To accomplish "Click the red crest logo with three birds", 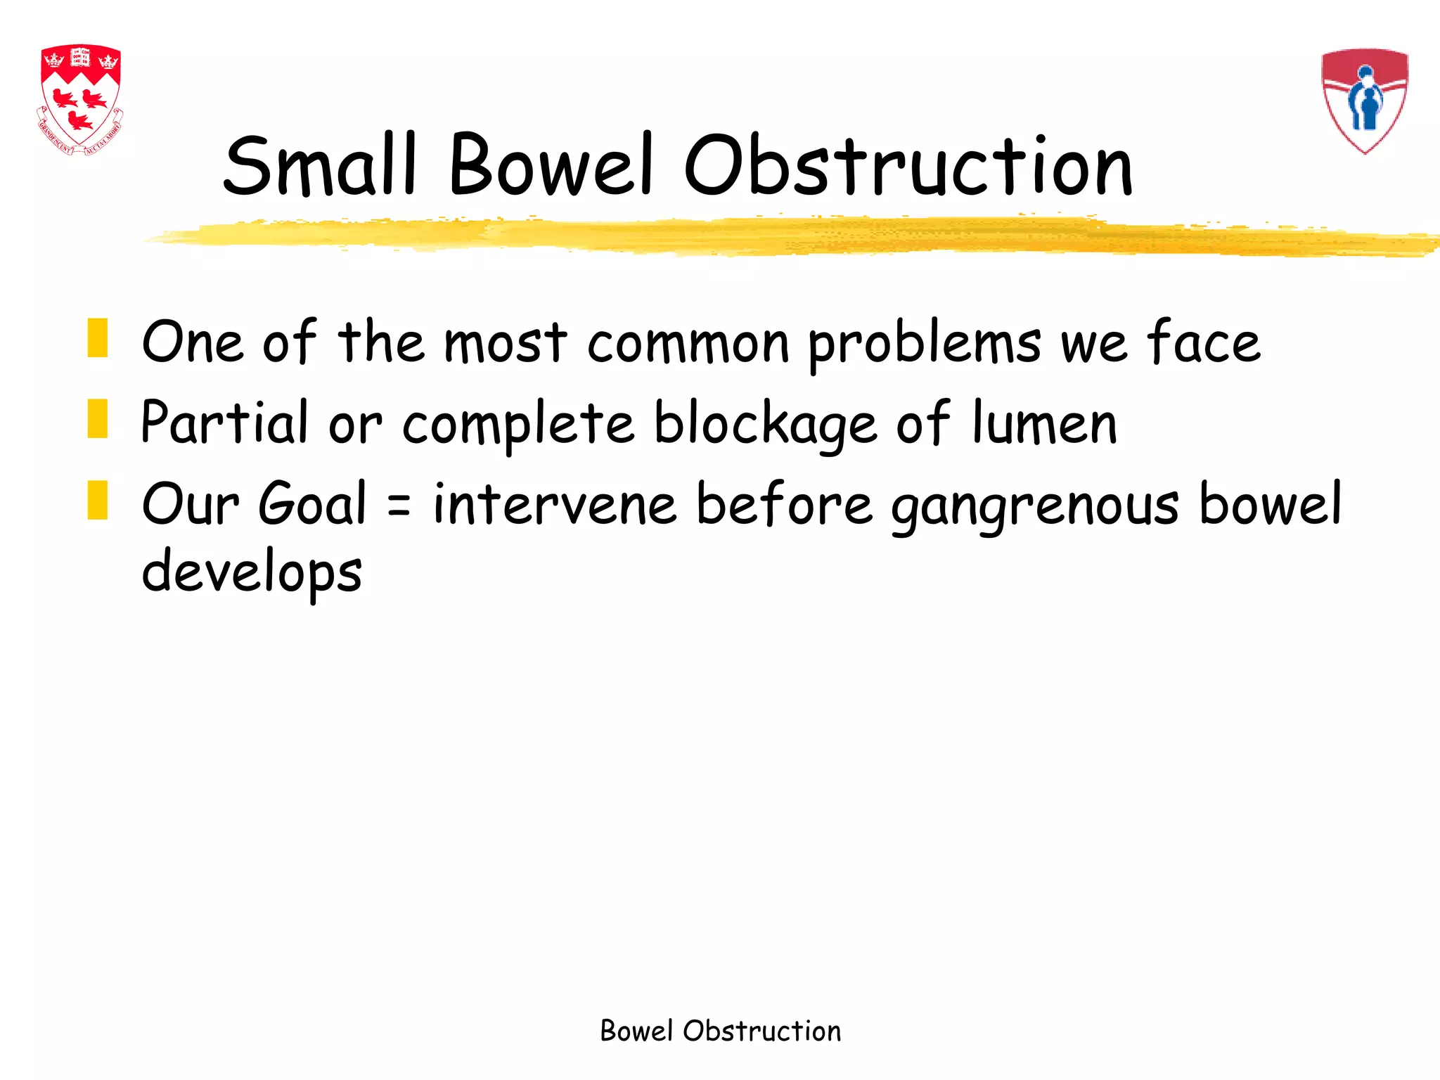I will click(80, 99).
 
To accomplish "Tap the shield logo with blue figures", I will click(1365, 101).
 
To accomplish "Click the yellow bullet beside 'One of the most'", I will click(98, 338).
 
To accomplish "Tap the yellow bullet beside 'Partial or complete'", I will click(98, 419).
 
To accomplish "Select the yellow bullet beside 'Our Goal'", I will click(98, 500).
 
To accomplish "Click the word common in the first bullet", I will click(688, 344).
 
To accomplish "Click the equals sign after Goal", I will click(399, 505).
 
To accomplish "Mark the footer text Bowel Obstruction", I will click(720, 1031).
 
